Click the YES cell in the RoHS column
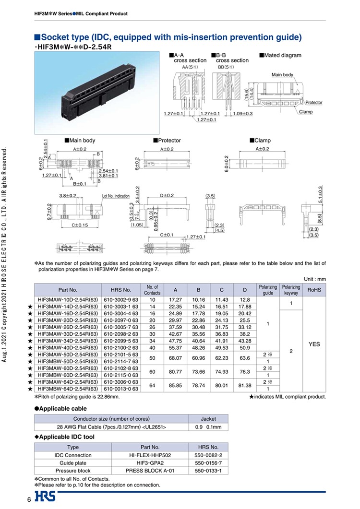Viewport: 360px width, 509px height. click(x=314, y=344)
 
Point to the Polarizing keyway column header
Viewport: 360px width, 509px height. click(x=291, y=290)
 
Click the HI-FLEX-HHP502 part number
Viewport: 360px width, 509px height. click(x=150, y=454)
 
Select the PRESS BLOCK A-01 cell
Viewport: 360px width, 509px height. click(x=150, y=471)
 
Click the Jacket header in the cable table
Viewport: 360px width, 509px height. click(x=208, y=419)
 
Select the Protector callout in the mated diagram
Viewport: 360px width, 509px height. click(x=314, y=103)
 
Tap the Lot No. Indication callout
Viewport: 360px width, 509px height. click(x=116, y=196)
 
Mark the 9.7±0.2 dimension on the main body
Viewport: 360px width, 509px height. click(x=49, y=211)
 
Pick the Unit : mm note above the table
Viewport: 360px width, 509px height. click(x=315, y=279)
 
